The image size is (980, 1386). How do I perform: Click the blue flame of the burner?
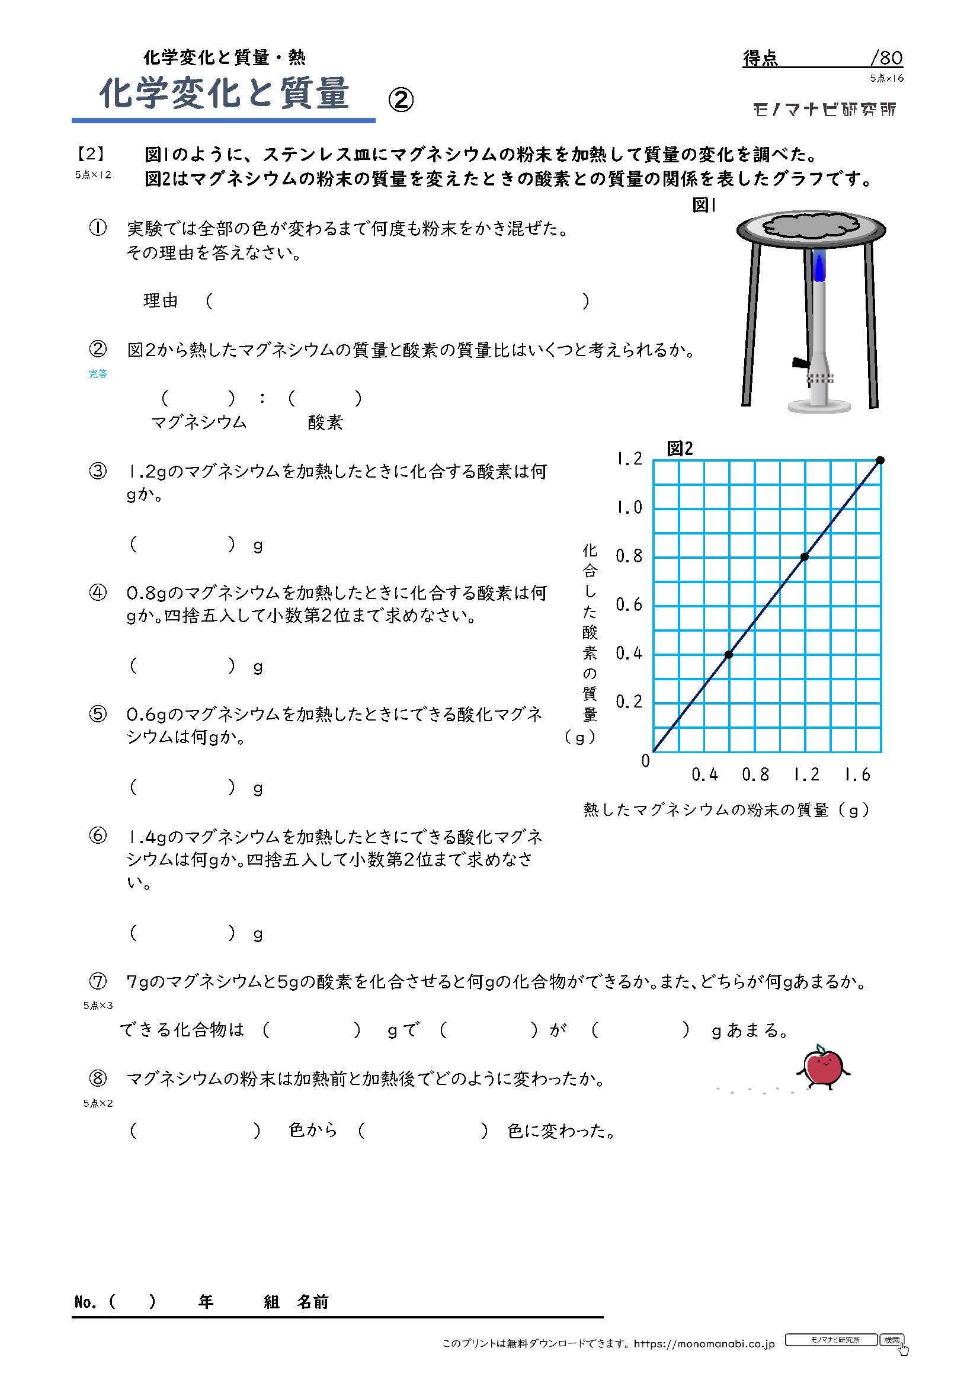[819, 267]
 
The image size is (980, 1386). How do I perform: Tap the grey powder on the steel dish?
[811, 225]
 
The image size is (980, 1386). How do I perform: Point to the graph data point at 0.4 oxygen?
[729, 654]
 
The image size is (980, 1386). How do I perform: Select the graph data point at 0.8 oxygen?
[805, 556]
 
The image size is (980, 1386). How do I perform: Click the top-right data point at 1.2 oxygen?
[880, 460]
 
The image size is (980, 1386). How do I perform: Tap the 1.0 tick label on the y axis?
[629, 508]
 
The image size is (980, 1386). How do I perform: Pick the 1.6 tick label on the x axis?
[857, 774]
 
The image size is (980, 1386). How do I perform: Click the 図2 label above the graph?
[680, 449]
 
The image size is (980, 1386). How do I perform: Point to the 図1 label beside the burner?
[704, 205]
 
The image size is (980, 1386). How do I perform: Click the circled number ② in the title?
[401, 100]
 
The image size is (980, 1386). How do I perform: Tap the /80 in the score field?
[886, 58]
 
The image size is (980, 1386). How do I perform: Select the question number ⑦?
[98, 981]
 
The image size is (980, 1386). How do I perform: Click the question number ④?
[98, 593]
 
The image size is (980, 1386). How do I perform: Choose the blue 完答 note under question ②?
[98, 374]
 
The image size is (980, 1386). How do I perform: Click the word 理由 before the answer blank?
[161, 300]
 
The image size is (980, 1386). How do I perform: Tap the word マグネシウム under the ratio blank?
[198, 422]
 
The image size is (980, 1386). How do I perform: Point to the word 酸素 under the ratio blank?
[325, 422]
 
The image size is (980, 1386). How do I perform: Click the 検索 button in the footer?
[891, 1340]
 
